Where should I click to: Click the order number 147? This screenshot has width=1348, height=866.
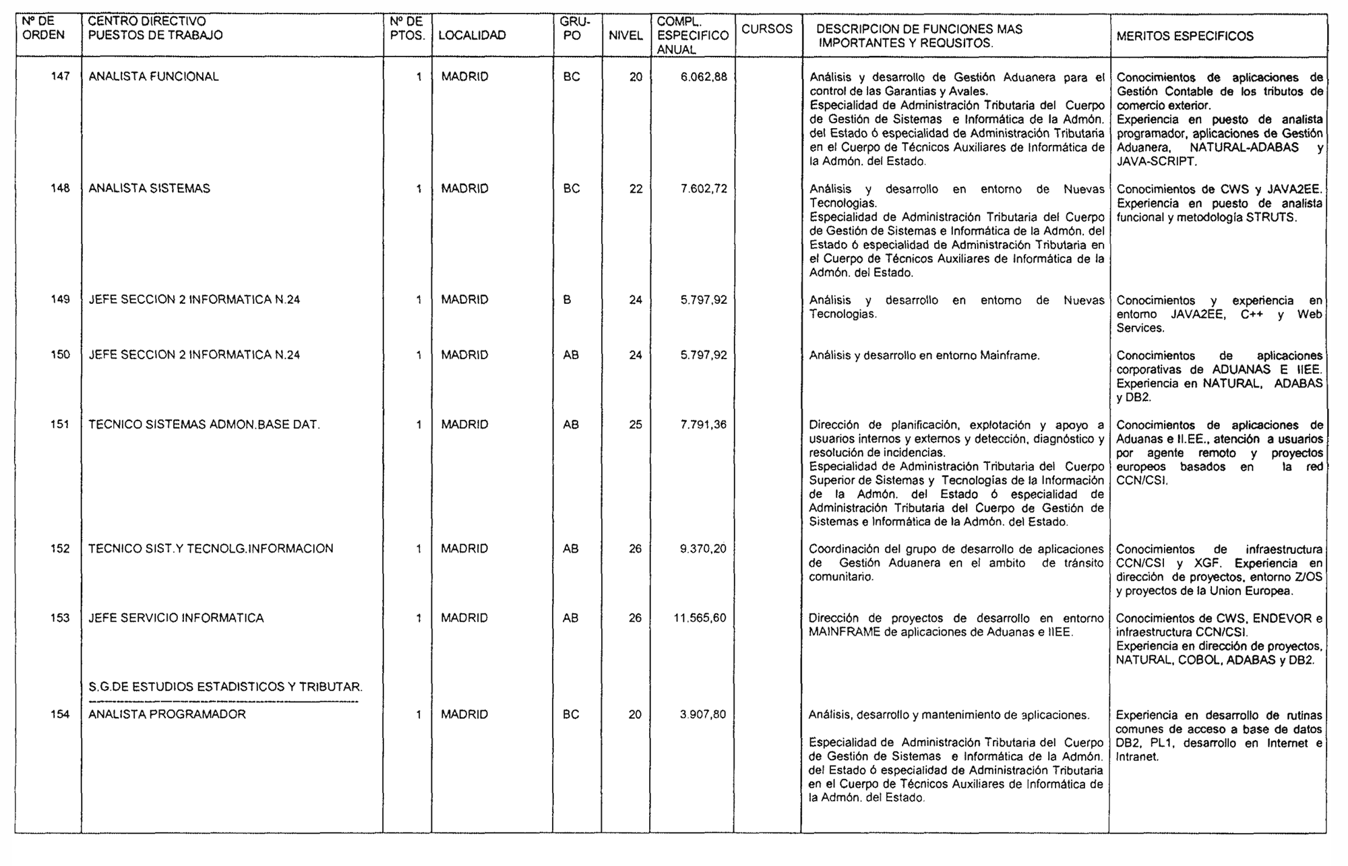pos(61,77)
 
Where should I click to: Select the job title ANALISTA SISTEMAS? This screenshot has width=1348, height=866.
pos(149,189)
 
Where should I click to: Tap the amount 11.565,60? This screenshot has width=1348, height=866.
pos(700,618)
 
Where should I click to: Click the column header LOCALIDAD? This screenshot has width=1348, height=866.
pos(472,36)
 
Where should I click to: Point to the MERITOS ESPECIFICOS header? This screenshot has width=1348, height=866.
pos(1185,36)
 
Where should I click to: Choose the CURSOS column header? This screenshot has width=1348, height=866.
pos(767,30)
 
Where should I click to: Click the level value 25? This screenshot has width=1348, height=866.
pos(636,425)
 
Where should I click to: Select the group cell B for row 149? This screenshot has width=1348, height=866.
pos(567,300)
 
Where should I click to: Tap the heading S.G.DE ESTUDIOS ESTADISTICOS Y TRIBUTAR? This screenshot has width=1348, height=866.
pos(225,687)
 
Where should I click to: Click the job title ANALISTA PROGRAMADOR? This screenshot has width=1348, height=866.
pos(167,714)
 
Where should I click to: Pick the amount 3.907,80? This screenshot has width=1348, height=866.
pos(703,714)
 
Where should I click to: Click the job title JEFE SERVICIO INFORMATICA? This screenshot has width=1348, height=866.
pos(176,618)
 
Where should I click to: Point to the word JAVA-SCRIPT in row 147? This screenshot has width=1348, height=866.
pos(1157,162)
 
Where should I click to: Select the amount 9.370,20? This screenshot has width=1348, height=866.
pos(703,549)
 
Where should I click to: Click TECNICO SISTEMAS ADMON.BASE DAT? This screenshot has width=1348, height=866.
pos(204,425)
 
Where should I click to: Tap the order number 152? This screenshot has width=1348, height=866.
pos(60,549)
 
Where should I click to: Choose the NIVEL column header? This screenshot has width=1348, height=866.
pos(625,36)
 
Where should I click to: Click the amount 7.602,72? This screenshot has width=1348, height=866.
pos(704,189)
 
